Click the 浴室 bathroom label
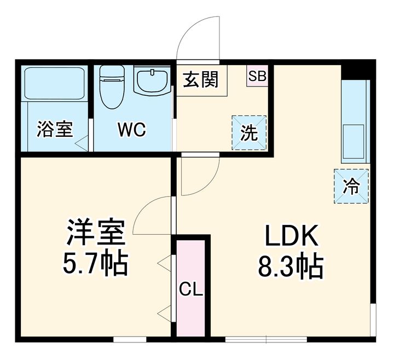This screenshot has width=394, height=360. coord(55,130)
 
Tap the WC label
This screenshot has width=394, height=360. coord(130,130)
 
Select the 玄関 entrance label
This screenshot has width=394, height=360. coord(201,79)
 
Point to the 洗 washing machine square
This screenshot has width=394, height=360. coord(250,133)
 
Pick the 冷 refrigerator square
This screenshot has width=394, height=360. coord(351,186)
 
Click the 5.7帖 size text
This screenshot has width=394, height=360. coord(96,265)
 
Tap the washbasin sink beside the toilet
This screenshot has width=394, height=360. coord(152,82)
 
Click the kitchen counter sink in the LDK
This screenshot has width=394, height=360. coord(354,140)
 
